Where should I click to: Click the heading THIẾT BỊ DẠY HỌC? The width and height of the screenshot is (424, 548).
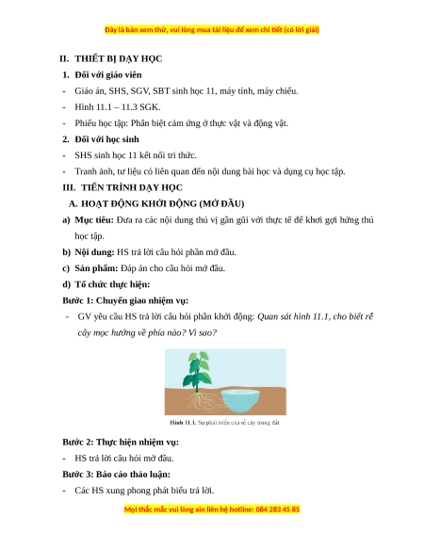(x=118, y=58)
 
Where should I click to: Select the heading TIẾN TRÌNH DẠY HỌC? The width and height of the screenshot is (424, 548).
(x=132, y=187)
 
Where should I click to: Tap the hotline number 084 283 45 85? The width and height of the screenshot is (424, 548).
(x=278, y=509)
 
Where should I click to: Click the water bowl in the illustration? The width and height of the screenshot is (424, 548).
(x=241, y=399)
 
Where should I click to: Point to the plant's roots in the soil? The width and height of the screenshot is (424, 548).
(x=204, y=401)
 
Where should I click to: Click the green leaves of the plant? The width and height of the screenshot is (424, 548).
(x=197, y=370)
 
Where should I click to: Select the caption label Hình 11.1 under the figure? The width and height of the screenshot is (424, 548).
(x=183, y=423)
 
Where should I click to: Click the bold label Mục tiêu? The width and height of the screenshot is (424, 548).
(x=94, y=220)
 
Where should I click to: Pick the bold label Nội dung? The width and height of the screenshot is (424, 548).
(x=94, y=252)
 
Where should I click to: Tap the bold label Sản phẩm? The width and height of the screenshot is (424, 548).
(x=96, y=268)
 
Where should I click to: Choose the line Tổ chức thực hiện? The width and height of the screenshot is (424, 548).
(x=112, y=284)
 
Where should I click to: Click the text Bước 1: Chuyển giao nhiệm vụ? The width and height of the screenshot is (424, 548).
(x=125, y=300)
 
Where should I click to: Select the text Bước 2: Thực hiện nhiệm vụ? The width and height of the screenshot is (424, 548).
(x=121, y=443)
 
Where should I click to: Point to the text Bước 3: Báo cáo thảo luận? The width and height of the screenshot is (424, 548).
(x=116, y=475)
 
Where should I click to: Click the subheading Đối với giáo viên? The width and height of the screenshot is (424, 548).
(x=108, y=74)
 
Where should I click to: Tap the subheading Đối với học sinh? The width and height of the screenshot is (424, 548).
(x=106, y=139)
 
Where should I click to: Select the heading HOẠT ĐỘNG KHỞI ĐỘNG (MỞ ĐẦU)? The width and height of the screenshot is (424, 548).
(x=163, y=203)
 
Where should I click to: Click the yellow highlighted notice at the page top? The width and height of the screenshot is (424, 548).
(x=212, y=30)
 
